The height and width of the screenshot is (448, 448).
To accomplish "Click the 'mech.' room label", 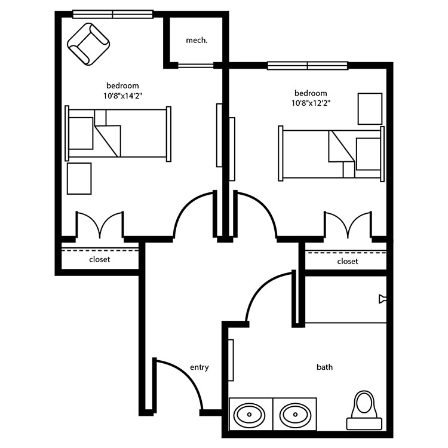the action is click(197, 41).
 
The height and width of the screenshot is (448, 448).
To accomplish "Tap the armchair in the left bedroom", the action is click(88, 44).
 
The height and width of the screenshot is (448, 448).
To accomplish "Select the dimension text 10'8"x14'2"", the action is click(123, 96).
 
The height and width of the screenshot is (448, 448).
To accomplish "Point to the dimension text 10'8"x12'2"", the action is click(311, 103).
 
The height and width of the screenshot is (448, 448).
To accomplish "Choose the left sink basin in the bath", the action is click(249, 415).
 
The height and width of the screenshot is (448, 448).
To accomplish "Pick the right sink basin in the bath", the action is click(295, 415).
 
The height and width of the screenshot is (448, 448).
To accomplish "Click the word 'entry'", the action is click(200, 367).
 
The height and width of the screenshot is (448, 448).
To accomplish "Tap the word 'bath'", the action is click(324, 367).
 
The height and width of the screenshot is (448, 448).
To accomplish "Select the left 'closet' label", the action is click(99, 259).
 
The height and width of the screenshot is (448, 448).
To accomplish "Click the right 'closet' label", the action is click(348, 261).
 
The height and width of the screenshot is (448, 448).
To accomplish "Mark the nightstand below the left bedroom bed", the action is click(79, 179).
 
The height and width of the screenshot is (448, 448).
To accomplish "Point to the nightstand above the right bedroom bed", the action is click(370, 109).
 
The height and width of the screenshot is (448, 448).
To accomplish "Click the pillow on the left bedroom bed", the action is click(81, 133).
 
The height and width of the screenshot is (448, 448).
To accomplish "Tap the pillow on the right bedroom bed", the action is click(369, 154).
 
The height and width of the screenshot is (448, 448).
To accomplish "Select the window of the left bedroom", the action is click(113, 14).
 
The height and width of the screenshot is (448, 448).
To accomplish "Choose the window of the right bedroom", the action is click(308, 66).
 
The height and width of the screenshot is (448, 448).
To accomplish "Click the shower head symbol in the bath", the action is click(382, 299).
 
